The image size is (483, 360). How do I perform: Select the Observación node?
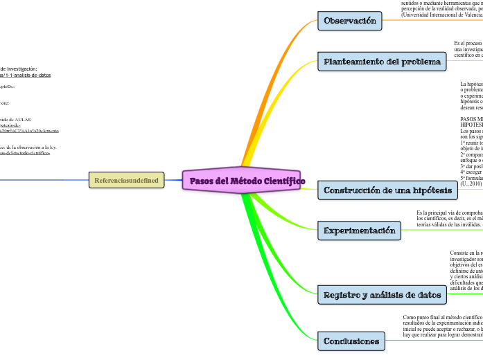350,21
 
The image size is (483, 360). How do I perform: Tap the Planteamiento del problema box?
382,62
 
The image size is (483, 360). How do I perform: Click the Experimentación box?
359,230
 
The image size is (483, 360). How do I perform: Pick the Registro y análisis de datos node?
382,295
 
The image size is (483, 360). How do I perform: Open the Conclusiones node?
351,341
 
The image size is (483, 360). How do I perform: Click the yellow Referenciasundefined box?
126,181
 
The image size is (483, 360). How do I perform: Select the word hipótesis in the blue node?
432,190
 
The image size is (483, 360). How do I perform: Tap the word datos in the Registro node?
428,295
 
